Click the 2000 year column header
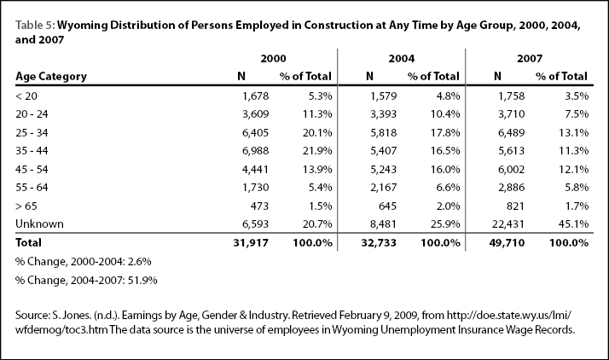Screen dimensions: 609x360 pyautogui.click(x=273, y=59)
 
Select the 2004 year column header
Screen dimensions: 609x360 pyautogui.click(x=402, y=59)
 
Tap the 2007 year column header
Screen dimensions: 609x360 pyautogui.click(x=530, y=59)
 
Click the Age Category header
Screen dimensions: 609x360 pyautogui.click(x=51, y=77)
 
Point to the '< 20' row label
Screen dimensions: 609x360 pyautogui.click(x=26, y=96)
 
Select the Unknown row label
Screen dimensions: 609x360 pyautogui.click(x=39, y=224)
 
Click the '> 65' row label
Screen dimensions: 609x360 pyautogui.click(x=26, y=206)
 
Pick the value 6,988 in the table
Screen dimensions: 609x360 pyautogui.click(x=255, y=151)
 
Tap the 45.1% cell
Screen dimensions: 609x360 pyautogui.click(x=574, y=224)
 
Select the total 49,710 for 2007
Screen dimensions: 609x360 pyautogui.click(x=507, y=243)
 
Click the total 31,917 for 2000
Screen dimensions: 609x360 pyautogui.click(x=251, y=243)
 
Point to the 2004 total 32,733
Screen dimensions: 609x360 pyautogui.click(x=379, y=243)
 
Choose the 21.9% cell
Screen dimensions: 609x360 pyautogui.click(x=317, y=151)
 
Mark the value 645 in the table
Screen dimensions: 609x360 pyautogui.click(x=387, y=206)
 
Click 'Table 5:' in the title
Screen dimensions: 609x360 pyautogui.click(x=35, y=26)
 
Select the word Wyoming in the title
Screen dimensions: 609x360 pyautogui.click(x=82, y=26)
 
